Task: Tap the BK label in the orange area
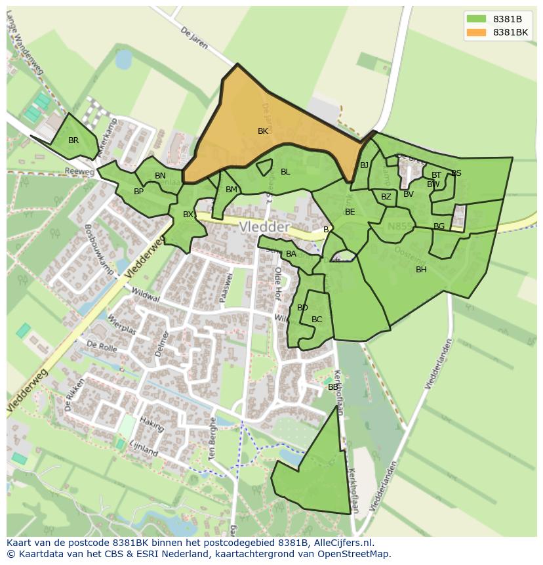pos(263,131)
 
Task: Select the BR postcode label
pos(73,140)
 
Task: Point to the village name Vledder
pos(264,227)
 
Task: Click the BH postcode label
pos(421,270)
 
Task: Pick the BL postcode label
pos(285,172)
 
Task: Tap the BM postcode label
pos(231,190)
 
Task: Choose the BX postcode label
pos(188,215)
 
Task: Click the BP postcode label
pos(138,192)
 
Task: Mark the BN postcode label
pos(160,176)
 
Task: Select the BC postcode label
pos(317,320)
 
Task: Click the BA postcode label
pos(291,254)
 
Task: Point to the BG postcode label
pos(439,226)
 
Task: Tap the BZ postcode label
pos(386,197)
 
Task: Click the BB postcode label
pos(333,387)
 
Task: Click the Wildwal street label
pos(146,295)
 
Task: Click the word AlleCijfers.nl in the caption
pos(340,543)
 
